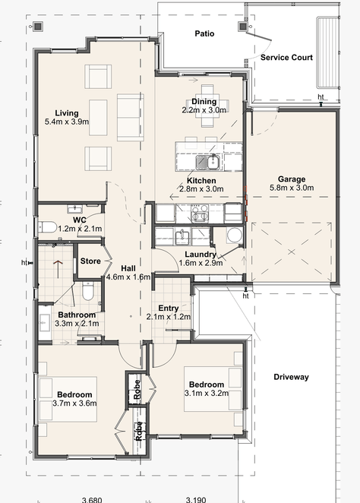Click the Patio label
click(204, 33)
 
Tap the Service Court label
click(286, 58)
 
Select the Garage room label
click(292, 179)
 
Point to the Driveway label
click(291, 377)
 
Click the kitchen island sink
click(208, 162)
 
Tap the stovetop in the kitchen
click(200, 213)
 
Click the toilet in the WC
click(47, 227)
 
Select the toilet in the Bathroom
click(87, 291)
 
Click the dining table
click(207, 106)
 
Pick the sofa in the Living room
click(130, 118)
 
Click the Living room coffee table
click(98, 118)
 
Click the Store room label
click(90, 261)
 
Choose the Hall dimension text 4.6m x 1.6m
click(128, 277)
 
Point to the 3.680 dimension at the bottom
click(92, 500)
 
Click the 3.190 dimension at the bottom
click(196, 500)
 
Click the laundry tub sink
click(183, 237)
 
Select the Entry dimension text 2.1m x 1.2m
click(169, 317)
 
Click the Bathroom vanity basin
click(44, 322)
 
